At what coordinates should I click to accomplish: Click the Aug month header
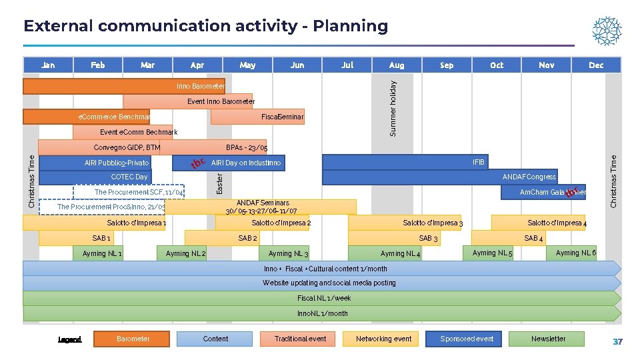point(397,65)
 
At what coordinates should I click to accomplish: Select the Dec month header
point(596,65)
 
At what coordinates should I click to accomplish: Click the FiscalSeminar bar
point(258,117)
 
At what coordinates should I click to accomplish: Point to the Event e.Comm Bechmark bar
point(123,132)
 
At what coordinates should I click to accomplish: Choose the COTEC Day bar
point(95,177)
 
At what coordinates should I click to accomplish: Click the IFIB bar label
point(479,162)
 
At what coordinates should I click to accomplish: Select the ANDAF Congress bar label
point(529,177)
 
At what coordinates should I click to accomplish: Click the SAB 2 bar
point(248,238)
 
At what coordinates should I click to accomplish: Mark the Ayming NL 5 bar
point(492,253)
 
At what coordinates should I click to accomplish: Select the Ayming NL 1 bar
point(101,253)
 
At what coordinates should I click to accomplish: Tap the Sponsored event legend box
point(467,339)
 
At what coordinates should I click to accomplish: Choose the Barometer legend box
point(133,339)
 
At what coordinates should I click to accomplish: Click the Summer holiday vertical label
point(393,108)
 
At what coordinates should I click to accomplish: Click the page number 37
point(617,342)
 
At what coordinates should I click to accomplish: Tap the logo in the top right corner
point(607,31)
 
